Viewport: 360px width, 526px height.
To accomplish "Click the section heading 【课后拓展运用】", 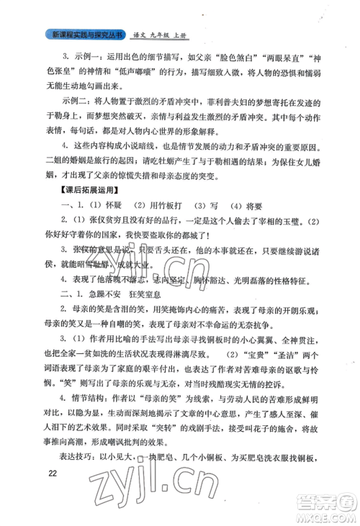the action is point(79,211).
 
